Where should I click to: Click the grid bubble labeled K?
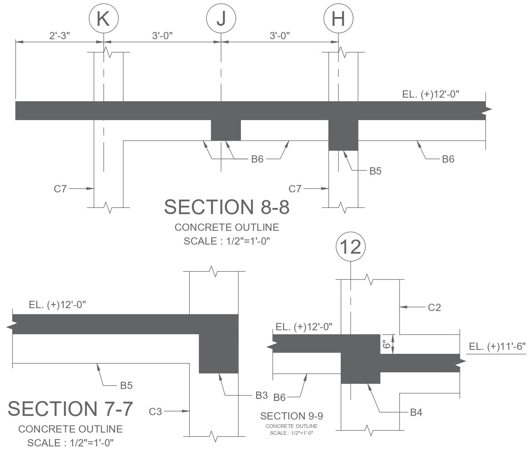(104, 19)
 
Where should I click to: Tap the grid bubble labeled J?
(221, 19)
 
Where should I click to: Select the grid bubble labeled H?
(339, 19)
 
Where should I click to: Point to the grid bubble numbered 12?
(351, 247)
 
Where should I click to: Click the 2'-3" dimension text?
(60, 36)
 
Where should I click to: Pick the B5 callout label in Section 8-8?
(376, 171)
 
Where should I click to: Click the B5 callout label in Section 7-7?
(126, 386)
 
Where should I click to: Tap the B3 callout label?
(262, 396)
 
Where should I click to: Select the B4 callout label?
(416, 413)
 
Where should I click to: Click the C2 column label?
(434, 307)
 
